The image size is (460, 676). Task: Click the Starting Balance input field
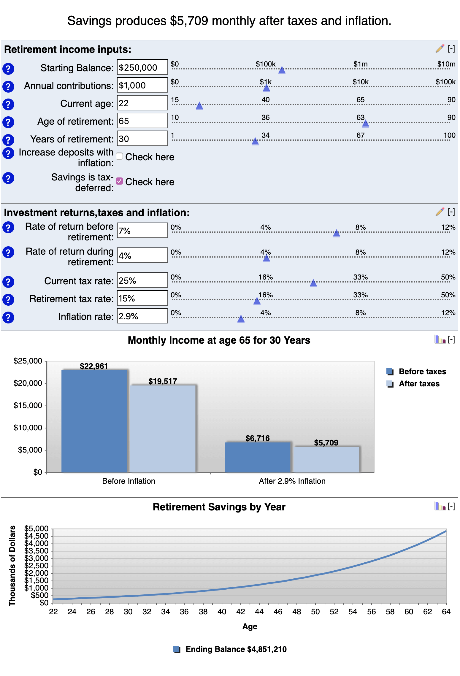(142, 67)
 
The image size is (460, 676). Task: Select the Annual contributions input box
(142, 85)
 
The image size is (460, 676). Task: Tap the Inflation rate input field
(142, 316)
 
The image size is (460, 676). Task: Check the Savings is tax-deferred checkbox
(119, 181)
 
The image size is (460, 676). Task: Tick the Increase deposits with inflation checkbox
(119, 156)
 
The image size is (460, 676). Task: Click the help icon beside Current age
(8, 104)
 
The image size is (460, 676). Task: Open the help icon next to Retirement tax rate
(8, 299)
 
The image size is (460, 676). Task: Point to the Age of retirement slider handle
(366, 123)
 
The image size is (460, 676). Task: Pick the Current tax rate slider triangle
(313, 283)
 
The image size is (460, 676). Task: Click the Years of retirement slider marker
(255, 141)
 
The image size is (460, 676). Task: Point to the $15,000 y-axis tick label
(28, 405)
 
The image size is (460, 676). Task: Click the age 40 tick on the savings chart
(222, 612)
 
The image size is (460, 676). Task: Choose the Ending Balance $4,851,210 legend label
(236, 649)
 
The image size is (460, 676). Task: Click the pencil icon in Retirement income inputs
(440, 49)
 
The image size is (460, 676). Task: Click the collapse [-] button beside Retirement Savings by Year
(451, 506)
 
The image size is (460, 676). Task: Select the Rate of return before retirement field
(142, 231)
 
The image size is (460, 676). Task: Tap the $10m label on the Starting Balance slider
(446, 64)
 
